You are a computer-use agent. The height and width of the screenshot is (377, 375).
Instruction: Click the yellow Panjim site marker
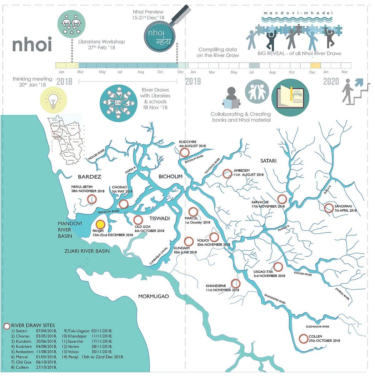100,225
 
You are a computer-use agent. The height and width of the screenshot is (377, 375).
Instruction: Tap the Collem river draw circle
303,339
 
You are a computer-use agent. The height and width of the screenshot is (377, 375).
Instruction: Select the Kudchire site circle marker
185,152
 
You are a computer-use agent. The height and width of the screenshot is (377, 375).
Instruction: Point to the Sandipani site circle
329,208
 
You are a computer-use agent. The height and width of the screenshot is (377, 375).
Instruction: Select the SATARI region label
268,161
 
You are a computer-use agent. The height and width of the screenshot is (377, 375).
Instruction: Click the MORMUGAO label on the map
153,296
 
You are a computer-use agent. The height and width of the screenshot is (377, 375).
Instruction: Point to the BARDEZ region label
89,177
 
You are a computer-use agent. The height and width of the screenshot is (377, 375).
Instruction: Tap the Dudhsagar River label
317,327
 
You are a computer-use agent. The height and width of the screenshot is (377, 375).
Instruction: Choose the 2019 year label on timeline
193,82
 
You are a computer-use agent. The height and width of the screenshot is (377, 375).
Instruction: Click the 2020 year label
331,82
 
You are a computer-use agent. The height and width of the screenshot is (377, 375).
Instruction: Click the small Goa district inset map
65,139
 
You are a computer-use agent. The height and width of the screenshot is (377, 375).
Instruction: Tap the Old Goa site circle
138,220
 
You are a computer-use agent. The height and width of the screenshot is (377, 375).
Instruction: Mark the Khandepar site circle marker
236,283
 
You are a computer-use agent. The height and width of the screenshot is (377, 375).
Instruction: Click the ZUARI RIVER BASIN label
87,251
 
